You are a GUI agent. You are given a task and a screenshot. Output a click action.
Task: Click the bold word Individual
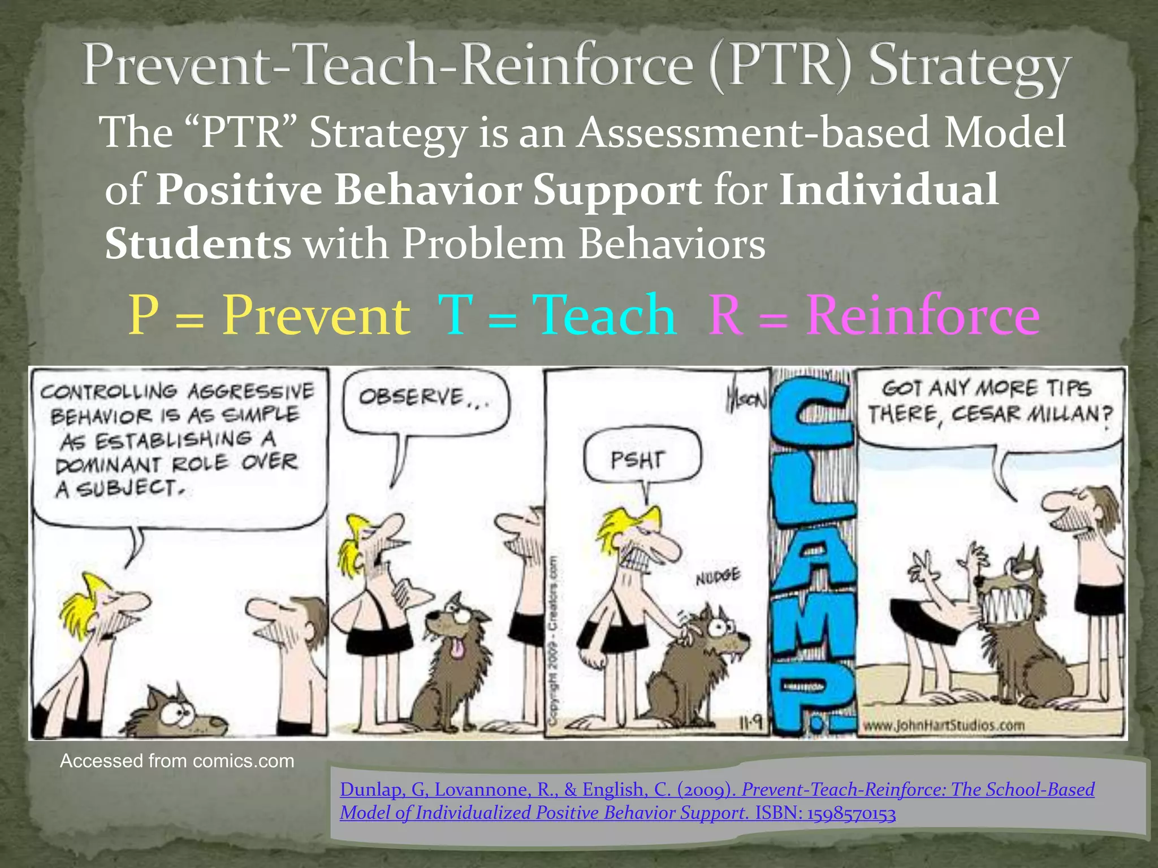coord(888,189)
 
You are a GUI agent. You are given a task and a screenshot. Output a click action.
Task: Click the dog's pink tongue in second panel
coord(457,648)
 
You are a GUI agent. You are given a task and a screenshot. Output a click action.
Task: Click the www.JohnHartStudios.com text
coord(943,725)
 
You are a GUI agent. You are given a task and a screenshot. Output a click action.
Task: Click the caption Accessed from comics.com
coord(177,761)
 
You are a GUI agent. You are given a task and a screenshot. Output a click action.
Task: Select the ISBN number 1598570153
coord(851,814)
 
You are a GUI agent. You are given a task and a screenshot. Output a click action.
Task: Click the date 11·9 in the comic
coord(750,723)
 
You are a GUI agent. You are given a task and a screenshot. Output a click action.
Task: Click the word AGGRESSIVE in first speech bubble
coord(250,391)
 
